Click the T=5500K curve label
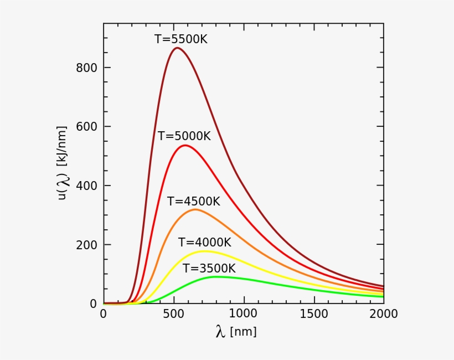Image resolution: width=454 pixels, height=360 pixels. pyautogui.click(x=180, y=39)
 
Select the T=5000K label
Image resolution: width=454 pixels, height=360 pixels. pyautogui.click(x=184, y=136)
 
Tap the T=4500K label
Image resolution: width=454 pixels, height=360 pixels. pyautogui.click(x=194, y=202)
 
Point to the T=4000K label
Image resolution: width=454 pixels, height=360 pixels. pyautogui.click(x=204, y=243)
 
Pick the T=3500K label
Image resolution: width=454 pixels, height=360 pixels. pyautogui.click(x=209, y=269)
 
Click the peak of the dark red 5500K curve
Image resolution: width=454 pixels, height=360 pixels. pyautogui.click(x=177, y=48)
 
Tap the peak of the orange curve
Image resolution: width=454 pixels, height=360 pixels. pyautogui.click(x=195, y=209)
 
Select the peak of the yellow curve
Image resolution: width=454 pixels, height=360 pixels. pyautogui.click(x=204, y=251)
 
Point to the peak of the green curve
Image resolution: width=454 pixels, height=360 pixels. pyautogui.click(x=215, y=276)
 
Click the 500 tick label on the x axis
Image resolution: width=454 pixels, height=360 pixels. pyautogui.click(x=173, y=314)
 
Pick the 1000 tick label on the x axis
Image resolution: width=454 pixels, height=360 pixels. pyautogui.click(x=244, y=314)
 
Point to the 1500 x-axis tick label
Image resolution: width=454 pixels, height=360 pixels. pyautogui.click(x=314, y=314)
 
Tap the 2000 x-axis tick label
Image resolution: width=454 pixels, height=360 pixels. pyautogui.click(x=384, y=314)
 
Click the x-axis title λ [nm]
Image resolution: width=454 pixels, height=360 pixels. pyautogui.click(x=236, y=332)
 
